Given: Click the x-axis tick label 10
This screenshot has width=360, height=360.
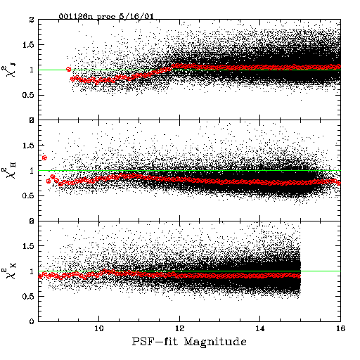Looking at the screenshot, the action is [x=99, y=328].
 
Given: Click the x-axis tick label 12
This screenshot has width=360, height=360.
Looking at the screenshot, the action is [x=179, y=328].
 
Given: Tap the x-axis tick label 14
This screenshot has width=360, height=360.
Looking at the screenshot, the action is [x=260, y=328].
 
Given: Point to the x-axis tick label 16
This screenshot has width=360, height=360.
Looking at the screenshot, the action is [x=340, y=328].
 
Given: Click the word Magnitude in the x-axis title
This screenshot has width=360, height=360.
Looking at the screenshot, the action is [x=215, y=342].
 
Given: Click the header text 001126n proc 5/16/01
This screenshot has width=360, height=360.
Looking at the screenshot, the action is [x=106, y=16].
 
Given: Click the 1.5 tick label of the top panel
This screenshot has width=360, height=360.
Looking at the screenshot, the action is [x=29, y=45].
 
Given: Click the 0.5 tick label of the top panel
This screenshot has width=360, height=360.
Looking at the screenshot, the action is [x=29, y=95].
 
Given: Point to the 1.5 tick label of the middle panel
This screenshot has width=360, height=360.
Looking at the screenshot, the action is [x=29, y=146].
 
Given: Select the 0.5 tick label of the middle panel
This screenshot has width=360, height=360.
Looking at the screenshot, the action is [x=29, y=195].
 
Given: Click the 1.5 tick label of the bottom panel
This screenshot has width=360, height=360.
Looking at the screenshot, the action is [x=29, y=246].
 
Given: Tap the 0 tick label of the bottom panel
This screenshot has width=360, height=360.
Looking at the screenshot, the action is [x=32, y=321].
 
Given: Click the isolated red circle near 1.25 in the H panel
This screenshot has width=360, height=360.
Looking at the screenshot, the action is [x=44, y=157].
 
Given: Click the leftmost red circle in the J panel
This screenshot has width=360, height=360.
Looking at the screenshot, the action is [x=69, y=69].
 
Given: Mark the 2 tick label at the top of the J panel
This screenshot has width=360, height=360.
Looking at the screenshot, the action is [x=32, y=20].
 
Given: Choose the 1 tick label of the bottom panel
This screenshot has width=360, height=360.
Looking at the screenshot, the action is [x=32, y=271].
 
